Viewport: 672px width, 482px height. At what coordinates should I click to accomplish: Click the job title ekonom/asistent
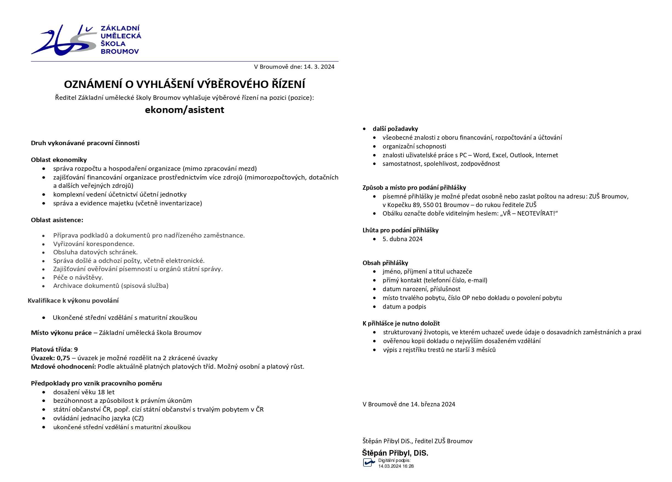tap(184, 110)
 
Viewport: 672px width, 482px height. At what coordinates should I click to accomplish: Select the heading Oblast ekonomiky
tap(59, 160)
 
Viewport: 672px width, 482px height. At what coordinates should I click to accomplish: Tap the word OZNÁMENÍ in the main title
tap(93, 84)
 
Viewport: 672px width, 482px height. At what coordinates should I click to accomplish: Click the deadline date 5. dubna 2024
tap(402, 239)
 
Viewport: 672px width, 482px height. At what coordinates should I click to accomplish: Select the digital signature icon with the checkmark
tap(369, 462)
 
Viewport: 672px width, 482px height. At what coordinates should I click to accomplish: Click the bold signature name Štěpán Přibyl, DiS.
tap(395, 453)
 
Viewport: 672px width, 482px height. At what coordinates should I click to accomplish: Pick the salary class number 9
tap(76, 349)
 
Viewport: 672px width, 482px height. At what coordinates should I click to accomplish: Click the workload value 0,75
tap(63, 358)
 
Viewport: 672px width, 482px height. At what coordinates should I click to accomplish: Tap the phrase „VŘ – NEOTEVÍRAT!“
tap(529, 213)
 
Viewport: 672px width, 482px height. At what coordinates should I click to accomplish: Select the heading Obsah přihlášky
tap(385, 263)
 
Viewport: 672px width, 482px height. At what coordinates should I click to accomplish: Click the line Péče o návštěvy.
tap(78, 277)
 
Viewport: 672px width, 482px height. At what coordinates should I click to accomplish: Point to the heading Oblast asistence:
tap(57, 220)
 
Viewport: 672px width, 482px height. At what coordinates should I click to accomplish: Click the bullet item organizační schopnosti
tap(414, 146)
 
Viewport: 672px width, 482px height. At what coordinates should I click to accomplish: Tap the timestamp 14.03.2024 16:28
tap(396, 466)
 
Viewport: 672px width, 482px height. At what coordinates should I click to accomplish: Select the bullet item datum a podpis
tap(404, 307)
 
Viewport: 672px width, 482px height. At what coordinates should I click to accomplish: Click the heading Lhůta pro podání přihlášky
tap(400, 230)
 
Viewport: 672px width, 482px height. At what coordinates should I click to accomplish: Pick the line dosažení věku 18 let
tap(83, 392)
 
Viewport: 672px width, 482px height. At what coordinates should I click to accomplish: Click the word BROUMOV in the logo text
tap(120, 51)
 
